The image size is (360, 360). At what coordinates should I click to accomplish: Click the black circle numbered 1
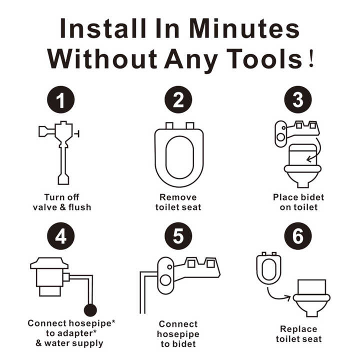[61, 99]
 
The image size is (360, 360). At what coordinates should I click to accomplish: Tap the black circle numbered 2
[178, 99]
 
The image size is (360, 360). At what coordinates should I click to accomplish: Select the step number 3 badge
[298, 99]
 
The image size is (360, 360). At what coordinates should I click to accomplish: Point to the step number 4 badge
[61, 236]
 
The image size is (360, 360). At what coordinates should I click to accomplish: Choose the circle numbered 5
[178, 236]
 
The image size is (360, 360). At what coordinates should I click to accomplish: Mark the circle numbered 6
[298, 236]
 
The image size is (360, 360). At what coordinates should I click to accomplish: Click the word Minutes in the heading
[244, 28]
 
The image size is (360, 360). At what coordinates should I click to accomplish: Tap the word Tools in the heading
[264, 59]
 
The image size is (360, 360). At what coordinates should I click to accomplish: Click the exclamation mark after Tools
[311, 59]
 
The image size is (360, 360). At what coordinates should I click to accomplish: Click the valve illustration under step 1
[59, 152]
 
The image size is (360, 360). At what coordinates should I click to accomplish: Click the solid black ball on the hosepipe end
[90, 310]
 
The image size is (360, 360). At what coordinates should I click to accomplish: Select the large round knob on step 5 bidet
[165, 280]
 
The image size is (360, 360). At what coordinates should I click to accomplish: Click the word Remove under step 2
[178, 197]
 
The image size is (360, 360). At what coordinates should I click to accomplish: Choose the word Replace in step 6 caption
[298, 329]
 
